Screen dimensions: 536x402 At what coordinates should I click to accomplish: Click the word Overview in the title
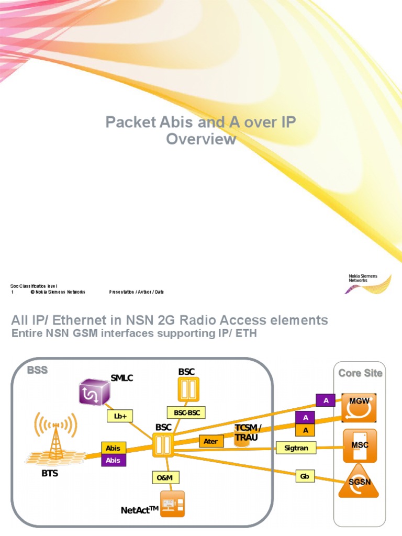pyautogui.click(x=201, y=140)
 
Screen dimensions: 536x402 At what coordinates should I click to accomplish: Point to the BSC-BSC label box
pyautogui.click(x=186, y=412)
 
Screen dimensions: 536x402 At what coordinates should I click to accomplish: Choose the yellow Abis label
pyautogui.click(x=113, y=448)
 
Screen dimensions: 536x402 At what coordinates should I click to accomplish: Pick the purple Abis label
pyautogui.click(x=113, y=460)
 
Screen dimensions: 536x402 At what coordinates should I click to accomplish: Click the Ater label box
pyautogui.click(x=210, y=441)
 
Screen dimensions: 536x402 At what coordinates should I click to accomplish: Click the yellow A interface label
pyautogui.click(x=305, y=430)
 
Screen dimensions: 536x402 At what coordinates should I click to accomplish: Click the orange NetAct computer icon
pyautogui.click(x=172, y=504)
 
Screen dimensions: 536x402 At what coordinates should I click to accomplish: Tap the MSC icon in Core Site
pyautogui.click(x=359, y=445)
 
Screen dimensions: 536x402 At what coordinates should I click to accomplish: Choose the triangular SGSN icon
pyautogui.click(x=359, y=482)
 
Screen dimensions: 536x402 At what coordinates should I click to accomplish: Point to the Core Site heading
pyautogui.click(x=360, y=373)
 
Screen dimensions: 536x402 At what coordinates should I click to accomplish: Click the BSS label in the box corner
pyautogui.click(x=37, y=370)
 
